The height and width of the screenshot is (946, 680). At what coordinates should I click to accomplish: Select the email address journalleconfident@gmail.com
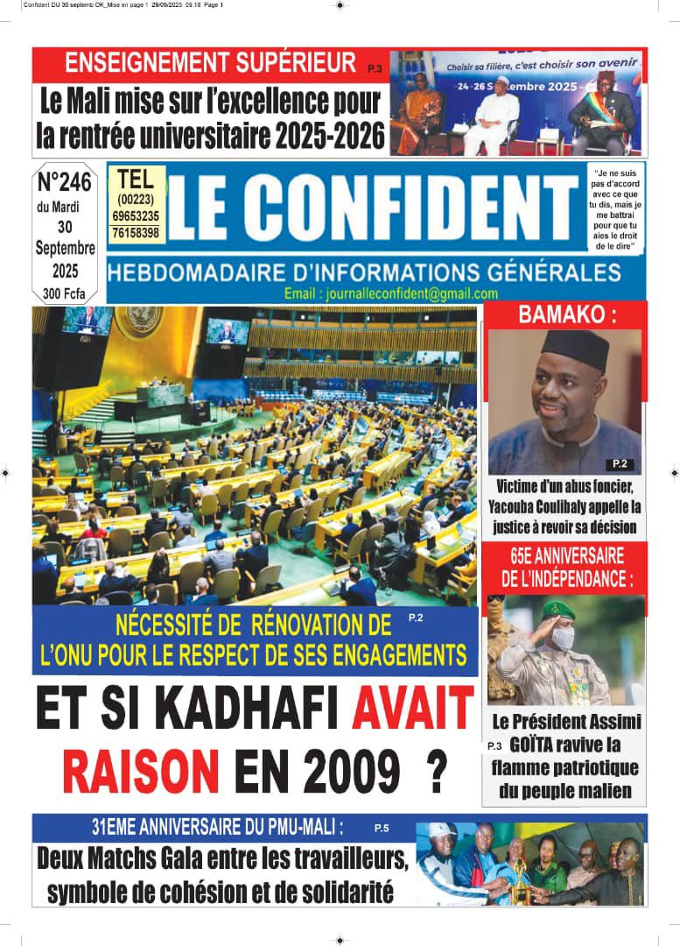pos(391,294)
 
